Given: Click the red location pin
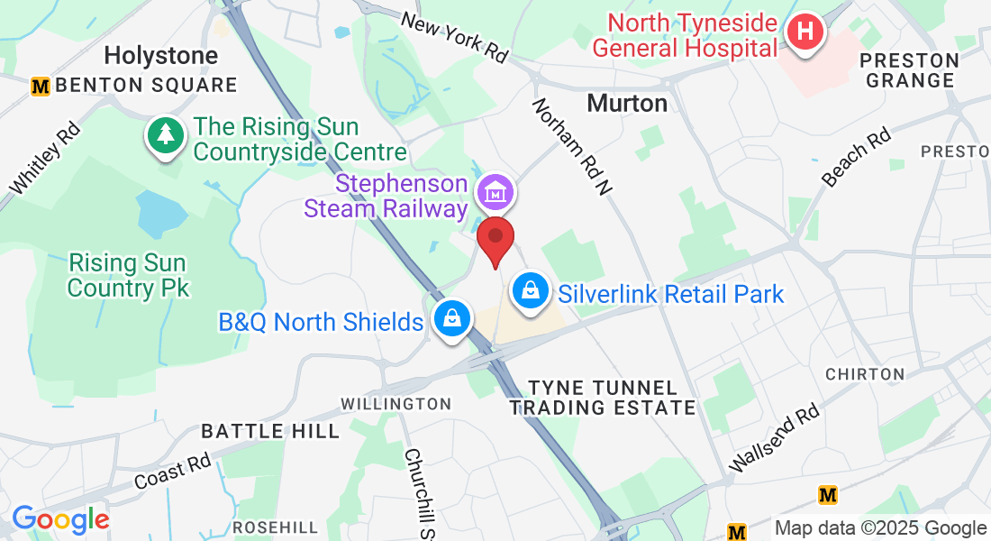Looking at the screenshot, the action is [x=495, y=239].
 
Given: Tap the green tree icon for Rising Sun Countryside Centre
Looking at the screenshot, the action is [x=165, y=135].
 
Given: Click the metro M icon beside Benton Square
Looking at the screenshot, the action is [x=40, y=87].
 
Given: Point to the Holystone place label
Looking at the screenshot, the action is [x=161, y=56].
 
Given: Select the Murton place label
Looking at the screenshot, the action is [x=627, y=103].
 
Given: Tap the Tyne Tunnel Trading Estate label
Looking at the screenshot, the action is [x=603, y=398].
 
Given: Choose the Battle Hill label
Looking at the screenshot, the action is [x=270, y=431].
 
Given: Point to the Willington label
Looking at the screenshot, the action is [x=395, y=403].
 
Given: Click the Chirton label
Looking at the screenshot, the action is [x=865, y=373].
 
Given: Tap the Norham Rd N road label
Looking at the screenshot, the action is [x=572, y=146].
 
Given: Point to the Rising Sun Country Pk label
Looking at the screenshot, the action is [x=128, y=276].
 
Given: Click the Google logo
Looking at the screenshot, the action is [x=60, y=519].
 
